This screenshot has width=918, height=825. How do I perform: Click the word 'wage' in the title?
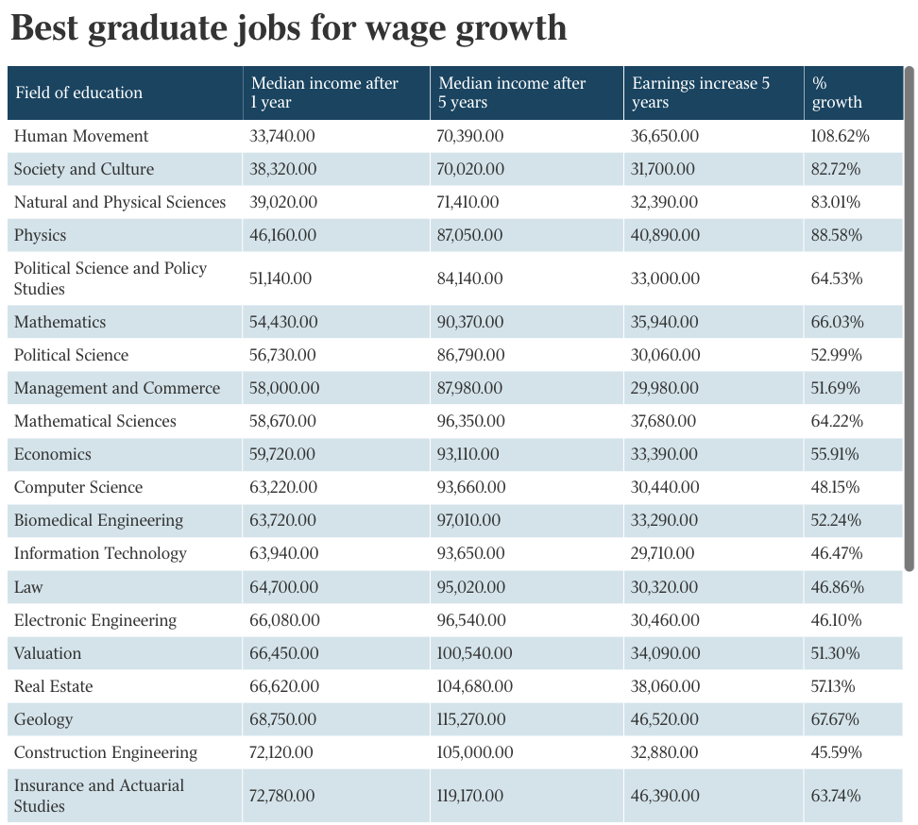399,28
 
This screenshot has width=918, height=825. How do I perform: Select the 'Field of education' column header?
78,93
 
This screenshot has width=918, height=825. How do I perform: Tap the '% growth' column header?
837,93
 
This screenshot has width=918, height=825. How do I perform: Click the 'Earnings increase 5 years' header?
701,93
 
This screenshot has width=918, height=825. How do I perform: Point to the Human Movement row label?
81,136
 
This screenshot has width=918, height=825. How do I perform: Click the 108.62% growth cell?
840,136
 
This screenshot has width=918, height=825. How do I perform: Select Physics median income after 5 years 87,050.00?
470,235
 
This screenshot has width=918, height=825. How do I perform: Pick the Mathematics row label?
59,322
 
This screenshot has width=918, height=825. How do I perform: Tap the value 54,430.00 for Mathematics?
283,322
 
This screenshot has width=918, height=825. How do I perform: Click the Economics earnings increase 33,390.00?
665,454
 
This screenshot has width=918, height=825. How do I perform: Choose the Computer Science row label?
78,487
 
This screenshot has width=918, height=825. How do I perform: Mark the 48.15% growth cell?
835,487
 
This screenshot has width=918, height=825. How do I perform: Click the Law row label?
28,587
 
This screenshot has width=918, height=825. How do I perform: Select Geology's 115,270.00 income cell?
470,719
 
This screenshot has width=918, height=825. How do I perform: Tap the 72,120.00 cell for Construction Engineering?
281,752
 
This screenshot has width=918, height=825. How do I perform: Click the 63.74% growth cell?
836,796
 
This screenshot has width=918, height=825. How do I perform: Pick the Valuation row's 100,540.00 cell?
475,653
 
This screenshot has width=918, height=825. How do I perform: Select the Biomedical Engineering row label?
98,520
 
